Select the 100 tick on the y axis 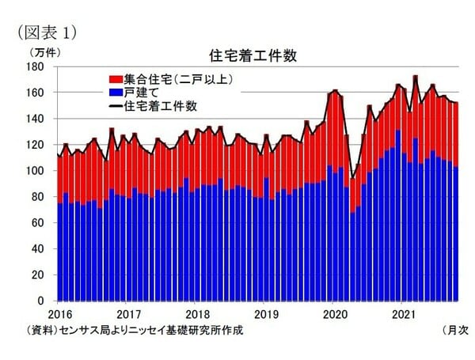coord(42,171)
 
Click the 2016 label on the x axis coord(59,314)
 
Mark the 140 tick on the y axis coord(42,119)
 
